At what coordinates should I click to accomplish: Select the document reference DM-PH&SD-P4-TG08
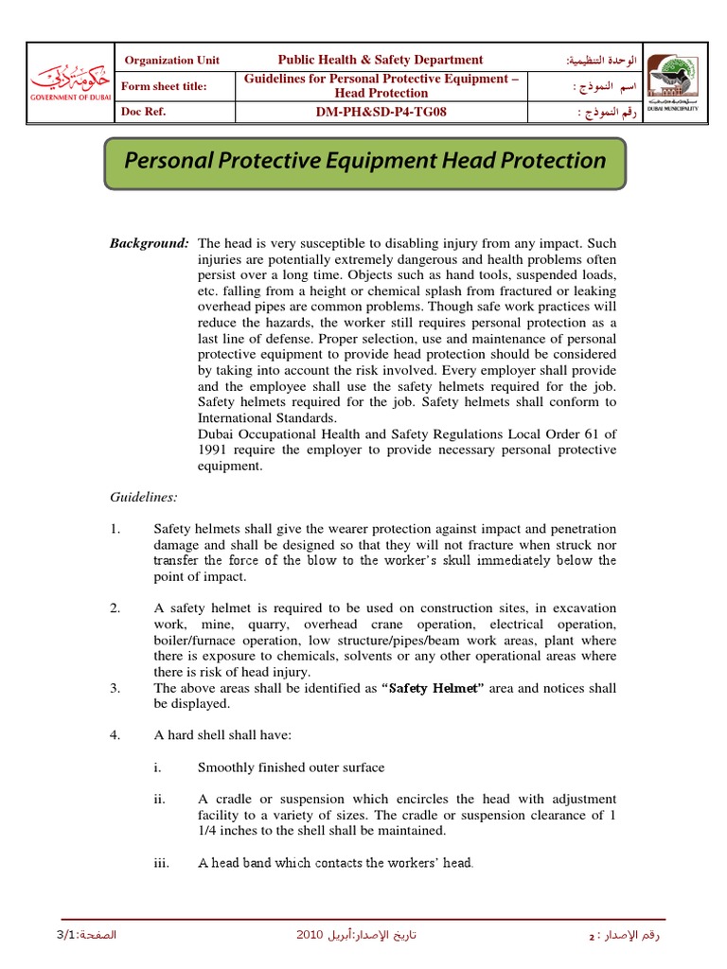pos(380,113)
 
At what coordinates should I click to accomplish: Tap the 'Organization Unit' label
pos(172,61)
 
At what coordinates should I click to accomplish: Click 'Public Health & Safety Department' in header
pos(380,60)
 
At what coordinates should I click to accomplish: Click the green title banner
pos(364,161)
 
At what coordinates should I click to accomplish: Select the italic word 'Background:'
pos(150,243)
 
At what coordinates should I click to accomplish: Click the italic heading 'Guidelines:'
pos(144,496)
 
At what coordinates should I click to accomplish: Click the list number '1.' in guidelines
pos(115,529)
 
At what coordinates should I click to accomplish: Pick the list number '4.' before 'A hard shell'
pos(115,734)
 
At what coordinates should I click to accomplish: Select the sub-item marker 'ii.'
pos(160,800)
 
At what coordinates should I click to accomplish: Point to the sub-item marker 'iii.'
pos(161,863)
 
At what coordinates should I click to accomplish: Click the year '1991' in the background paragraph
pos(214,449)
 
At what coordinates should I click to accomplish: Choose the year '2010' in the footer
pos(310,935)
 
